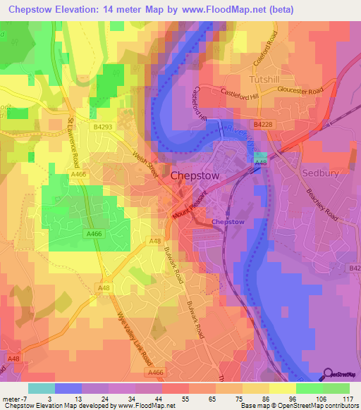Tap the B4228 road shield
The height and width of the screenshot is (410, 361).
[262, 124]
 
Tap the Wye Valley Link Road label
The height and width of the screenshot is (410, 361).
[129, 337]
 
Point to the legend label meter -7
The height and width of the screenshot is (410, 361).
[15, 399]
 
